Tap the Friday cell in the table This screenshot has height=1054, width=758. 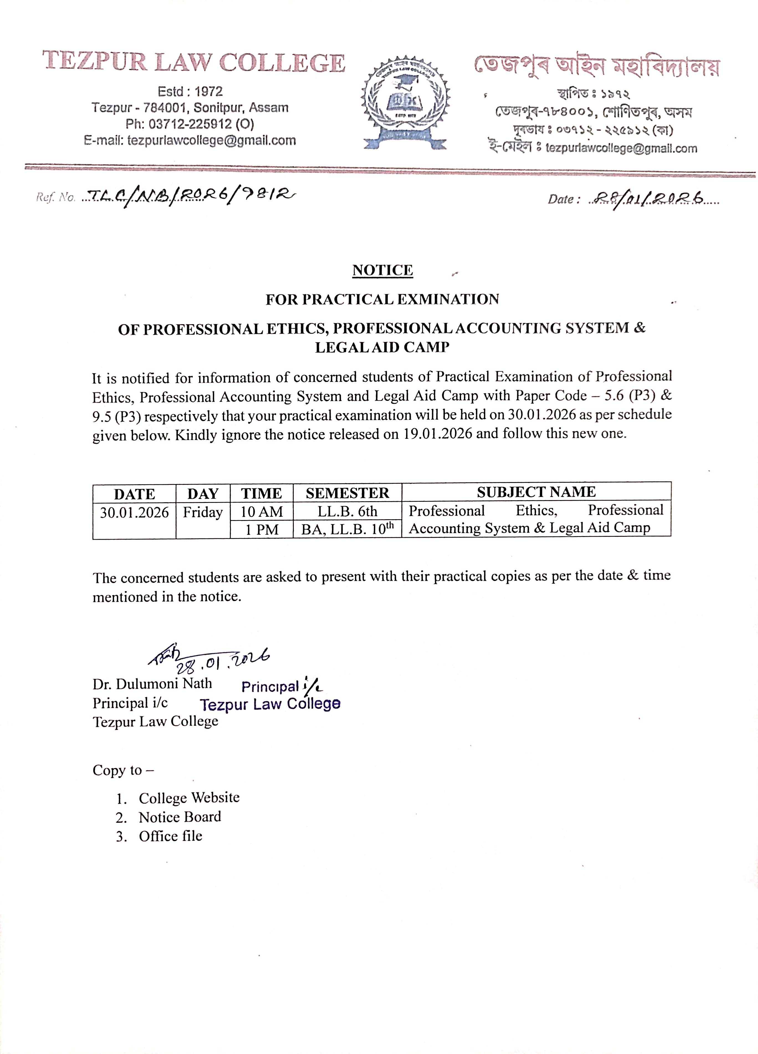tap(203, 512)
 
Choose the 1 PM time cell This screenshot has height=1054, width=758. tap(262, 529)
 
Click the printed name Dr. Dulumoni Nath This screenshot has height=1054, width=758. tap(152, 684)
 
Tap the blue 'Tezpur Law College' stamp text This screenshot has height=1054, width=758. tap(270, 704)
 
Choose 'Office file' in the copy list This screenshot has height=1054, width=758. tap(170, 836)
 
